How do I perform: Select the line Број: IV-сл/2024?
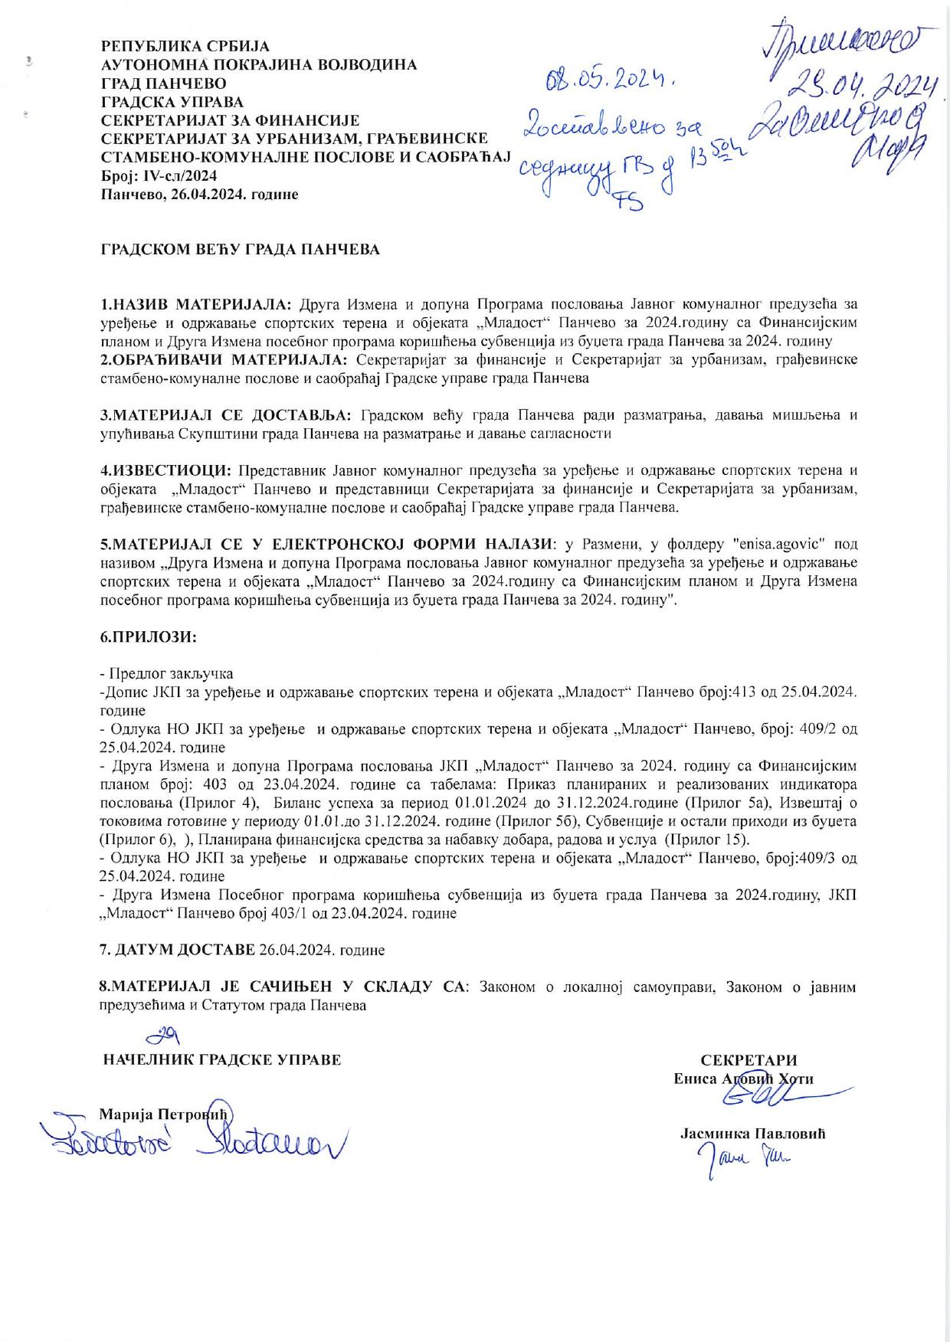pyautogui.click(x=159, y=176)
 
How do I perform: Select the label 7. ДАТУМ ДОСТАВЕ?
pyautogui.click(x=178, y=950)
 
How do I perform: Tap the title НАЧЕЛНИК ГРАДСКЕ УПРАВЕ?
pyautogui.click(x=221, y=1060)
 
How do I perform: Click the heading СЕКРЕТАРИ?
pyautogui.click(x=749, y=1060)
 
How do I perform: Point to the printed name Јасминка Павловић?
pyautogui.click(x=752, y=1134)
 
